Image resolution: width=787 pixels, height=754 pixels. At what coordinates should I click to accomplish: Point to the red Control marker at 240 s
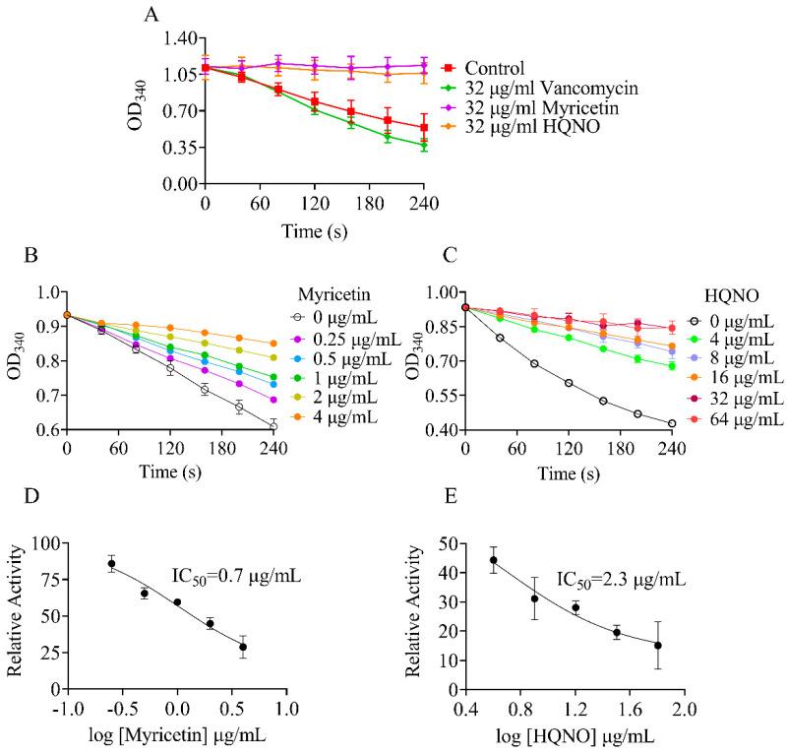(x=424, y=128)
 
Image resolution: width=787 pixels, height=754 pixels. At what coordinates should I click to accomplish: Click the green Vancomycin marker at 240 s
(x=424, y=146)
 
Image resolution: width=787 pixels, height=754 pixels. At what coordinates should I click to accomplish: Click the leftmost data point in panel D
(x=112, y=564)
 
